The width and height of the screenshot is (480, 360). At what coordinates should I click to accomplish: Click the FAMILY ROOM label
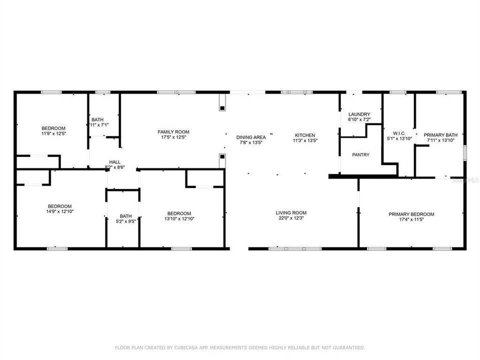coord(173,132)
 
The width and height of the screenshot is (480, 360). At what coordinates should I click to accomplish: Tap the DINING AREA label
coord(251,137)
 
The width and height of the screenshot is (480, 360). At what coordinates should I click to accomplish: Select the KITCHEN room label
coord(304,135)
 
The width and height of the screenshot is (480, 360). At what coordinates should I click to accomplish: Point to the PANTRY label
coord(360,155)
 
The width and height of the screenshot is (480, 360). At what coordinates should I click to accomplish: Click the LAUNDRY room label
coord(359,114)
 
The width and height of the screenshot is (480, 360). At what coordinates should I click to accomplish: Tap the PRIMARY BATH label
coord(440,135)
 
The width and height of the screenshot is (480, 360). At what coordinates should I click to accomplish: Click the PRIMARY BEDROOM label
coord(411,214)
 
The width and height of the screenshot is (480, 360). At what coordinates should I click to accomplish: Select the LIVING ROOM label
coord(291,213)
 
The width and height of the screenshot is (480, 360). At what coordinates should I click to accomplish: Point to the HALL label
coord(115,162)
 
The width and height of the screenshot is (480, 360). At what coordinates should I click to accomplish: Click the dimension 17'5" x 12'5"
coord(173,137)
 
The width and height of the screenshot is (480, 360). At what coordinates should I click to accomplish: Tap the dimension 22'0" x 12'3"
coord(291,218)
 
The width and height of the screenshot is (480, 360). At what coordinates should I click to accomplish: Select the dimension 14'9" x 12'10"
coord(59,212)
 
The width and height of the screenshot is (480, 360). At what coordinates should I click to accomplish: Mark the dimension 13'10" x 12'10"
coord(179,218)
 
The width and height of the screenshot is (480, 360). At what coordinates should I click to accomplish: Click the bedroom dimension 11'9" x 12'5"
coord(54,133)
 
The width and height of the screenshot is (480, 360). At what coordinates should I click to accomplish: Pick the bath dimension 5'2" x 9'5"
coord(125,221)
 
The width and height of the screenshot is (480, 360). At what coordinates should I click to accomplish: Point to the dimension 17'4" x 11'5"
coord(411,219)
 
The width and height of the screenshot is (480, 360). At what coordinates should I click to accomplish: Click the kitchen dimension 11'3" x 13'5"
coord(304,140)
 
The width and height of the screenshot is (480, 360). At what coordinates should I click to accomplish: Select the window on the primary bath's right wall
coord(464,152)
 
